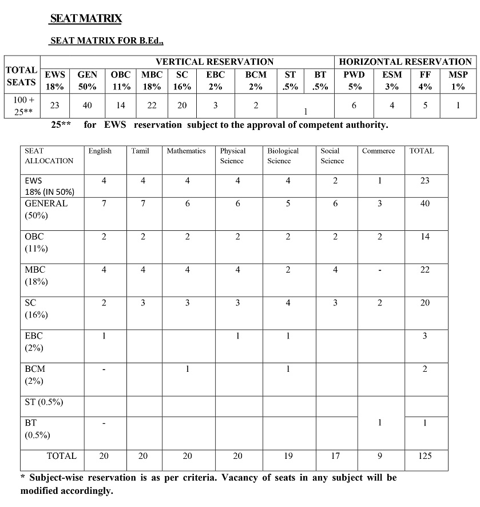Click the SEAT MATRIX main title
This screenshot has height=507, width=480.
pos(86,19)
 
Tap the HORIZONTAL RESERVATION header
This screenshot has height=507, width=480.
pos(406,61)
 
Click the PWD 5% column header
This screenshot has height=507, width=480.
pos(354,81)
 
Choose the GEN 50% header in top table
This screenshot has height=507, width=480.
pos(88,81)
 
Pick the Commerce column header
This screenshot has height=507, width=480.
pos(378,151)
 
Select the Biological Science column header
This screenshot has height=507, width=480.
pos(283,156)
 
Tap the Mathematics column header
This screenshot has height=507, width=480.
pos(186,151)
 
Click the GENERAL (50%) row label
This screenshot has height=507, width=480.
pos(46,209)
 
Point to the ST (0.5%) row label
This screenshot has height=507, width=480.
pos(43,402)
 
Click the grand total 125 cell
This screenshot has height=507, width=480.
pos(425,456)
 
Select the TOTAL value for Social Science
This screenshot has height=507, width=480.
pos(335,456)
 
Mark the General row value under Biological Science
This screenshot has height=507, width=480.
pos(288,203)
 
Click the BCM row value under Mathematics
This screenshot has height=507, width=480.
pos(188,369)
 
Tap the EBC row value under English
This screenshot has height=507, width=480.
pos(104,336)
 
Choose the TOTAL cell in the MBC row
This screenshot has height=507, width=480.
pos(425,270)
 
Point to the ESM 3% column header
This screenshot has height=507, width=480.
pos(392,81)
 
